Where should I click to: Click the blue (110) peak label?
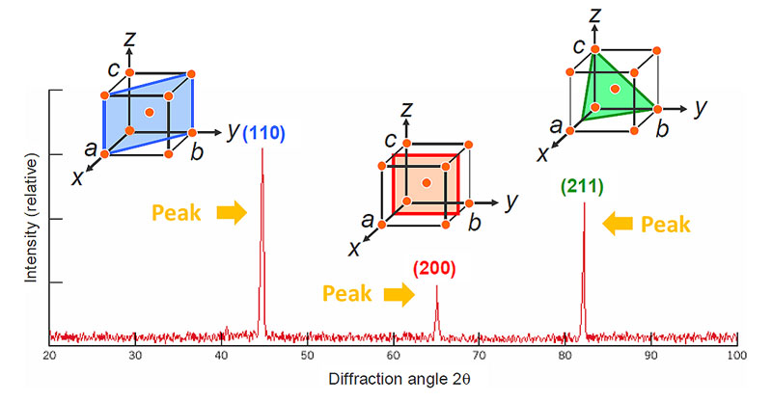(x=263, y=134)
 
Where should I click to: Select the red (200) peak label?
(x=434, y=268)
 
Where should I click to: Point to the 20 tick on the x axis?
(x=49, y=356)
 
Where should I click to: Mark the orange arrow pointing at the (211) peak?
(x=617, y=225)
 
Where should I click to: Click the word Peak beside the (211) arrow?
(x=666, y=225)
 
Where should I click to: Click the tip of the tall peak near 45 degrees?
(x=262, y=150)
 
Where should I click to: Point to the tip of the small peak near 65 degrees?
(x=436, y=287)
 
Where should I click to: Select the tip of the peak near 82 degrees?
(x=584, y=204)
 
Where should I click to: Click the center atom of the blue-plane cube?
(x=149, y=113)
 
